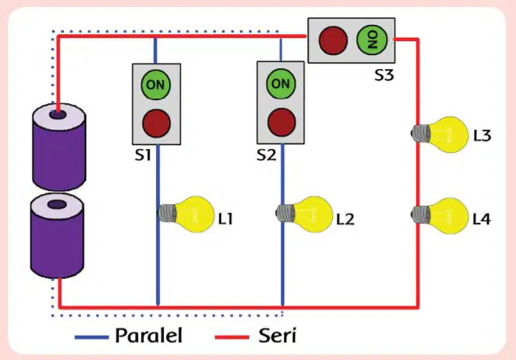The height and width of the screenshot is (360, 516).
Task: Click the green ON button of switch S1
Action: pyautogui.click(x=156, y=85)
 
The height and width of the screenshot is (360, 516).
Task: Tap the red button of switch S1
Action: pyautogui.click(x=156, y=123)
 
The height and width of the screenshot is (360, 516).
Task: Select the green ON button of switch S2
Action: pyautogui.click(x=281, y=84)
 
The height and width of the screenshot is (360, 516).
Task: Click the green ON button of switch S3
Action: pyautogui.click(x=372, y=40)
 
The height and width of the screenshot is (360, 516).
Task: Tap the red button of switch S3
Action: pyautogui.click(x=333, y=40)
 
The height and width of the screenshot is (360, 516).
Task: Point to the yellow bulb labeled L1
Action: pyautogui.click(x=186, y=214)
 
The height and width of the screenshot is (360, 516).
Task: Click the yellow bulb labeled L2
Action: pyautogui.click(x=304, y=214)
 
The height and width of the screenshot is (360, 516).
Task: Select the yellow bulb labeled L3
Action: pyautogui.click(x=440, y=134)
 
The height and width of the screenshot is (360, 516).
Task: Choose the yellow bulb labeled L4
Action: pyautogui.click(x=440, y=216)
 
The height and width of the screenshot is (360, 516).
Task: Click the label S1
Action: pyautogui.click(x=143, y=154)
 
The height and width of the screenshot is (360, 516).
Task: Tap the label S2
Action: pyautogui.click(x=266, y=154)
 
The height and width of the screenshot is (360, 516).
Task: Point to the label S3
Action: pyautogui.click(x=384, y=75)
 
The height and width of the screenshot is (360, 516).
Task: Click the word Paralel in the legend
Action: pyautogui.click(x=148, y=336)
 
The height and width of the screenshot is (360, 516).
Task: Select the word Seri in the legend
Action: pyautogui.click(x=278, y=336)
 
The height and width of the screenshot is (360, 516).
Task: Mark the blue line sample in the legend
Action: pyautogui.click(x=92, y=337)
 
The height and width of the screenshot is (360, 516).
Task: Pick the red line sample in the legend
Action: pyautogui.click(x=232, y=337)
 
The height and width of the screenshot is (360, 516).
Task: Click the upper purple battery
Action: pyautogui.click(x=59, y=147)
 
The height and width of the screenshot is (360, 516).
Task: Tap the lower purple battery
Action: pyautogui.click(x=57, y=236)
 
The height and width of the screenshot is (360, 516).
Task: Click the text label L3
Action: pyautogui.click(x=482, y=136)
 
